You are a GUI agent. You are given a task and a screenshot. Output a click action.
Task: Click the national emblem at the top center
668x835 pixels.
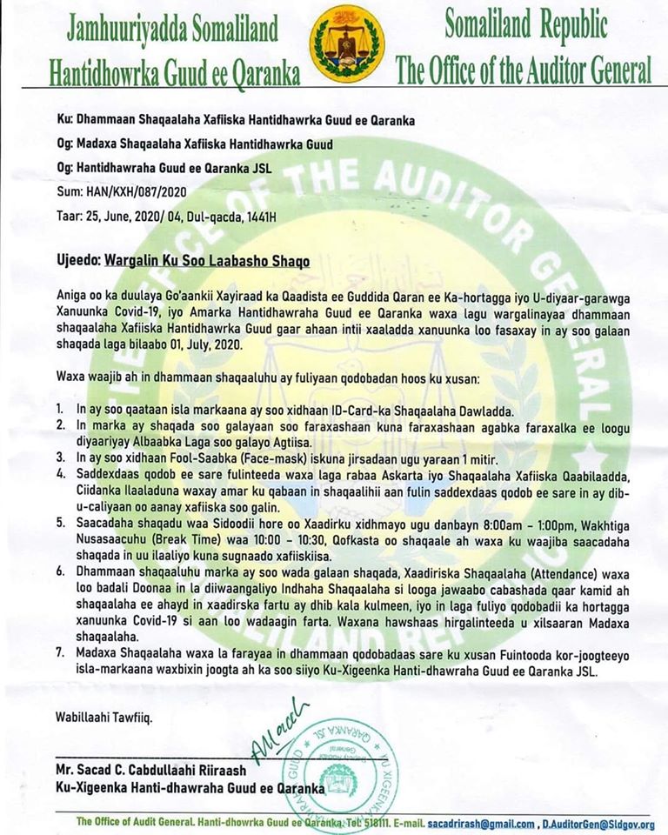click(347, 43)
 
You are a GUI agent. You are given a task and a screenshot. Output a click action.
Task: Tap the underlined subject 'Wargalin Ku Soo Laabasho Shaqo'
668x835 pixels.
click(207, 260)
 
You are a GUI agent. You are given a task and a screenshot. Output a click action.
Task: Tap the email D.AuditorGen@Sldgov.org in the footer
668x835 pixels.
click(600, 823)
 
